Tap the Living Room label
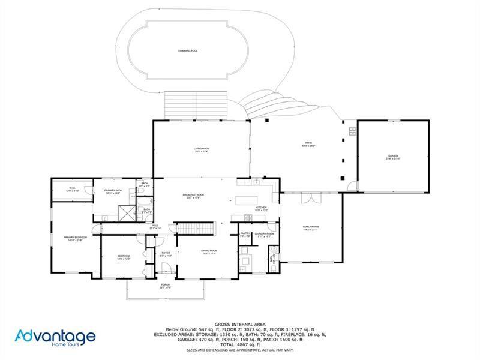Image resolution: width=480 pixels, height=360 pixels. (201, 149)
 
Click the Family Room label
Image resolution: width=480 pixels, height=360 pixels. (311, 227)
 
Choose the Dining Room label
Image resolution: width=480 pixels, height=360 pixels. (209, 251)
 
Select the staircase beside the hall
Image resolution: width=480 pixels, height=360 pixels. (193, 229)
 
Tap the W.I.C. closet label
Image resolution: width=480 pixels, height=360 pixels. (71, 189)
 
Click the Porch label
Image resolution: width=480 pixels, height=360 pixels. (165, 286)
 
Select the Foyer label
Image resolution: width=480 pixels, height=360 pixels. (166, 254)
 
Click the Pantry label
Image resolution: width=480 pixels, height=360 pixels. (245, 235)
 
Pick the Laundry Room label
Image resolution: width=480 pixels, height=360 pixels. (264, 235)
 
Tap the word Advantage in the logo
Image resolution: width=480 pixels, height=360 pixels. (55, 335)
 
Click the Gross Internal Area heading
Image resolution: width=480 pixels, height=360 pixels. (239, 324)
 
